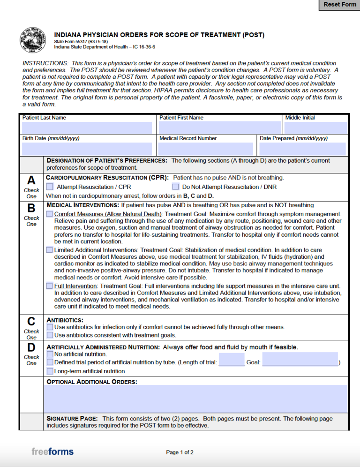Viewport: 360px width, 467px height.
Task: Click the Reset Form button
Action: click(x=340, y=5)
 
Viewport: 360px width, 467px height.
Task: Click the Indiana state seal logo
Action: click(x=32, y=41)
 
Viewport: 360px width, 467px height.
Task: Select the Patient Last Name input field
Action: click(x=87, y=128)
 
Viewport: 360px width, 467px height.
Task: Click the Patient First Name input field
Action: click(x=219, y=128)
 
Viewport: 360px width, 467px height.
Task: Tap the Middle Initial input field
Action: click(x=315, y=128)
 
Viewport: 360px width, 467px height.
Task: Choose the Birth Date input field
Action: click(x=87, y=149)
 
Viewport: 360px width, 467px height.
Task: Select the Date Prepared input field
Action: click(x=302, y=149)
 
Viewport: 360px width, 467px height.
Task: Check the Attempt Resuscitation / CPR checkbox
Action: click(x=50, y=187)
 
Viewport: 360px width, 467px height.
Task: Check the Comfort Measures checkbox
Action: click(x=50, y=214)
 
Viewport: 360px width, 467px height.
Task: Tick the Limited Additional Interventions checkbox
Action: click(x=50, y=250)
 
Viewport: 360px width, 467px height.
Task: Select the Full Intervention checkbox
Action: click(x=50, y=286)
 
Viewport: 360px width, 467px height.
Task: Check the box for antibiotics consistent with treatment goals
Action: click(x=50, y=335)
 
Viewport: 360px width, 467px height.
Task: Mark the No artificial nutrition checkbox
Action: click(x=50, y=354)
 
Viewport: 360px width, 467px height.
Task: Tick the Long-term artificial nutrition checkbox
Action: click(x=50, y=371)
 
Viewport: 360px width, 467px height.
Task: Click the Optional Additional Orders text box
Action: click(x=195, y=399)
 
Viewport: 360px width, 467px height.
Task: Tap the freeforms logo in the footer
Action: click(x=52, y=452)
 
